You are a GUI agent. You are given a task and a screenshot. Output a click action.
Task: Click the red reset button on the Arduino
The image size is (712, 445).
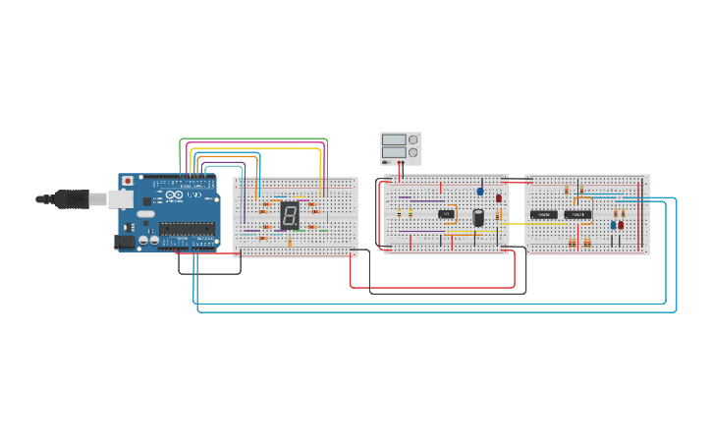[x=126, y=182]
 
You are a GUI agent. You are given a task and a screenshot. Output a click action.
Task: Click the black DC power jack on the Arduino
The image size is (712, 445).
[x=125, y=241]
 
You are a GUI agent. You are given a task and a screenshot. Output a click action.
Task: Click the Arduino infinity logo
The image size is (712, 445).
[x=173, y=196]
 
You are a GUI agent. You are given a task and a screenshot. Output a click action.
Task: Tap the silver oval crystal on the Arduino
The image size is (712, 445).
[x=145, y=213]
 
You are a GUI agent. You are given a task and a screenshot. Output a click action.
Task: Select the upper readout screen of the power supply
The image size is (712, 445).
[x=394, y=139]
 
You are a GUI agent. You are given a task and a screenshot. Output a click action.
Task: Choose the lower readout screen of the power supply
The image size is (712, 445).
[x=394, y=152]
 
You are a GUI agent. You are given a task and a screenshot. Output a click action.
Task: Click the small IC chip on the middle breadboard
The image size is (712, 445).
[x=447, y=213]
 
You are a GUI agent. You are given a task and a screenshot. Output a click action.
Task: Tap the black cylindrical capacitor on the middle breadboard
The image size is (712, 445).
[x=478, y=217]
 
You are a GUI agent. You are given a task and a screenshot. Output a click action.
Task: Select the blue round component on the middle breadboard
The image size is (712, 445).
[x=480, y=192]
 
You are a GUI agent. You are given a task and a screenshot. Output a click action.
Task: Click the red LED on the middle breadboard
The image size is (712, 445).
[x=499, y=197]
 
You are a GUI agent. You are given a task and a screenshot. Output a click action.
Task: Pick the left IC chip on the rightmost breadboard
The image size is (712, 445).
[x=544, y=214]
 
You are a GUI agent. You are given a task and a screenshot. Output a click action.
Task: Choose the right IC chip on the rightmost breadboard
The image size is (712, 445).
[x=576, y=214]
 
